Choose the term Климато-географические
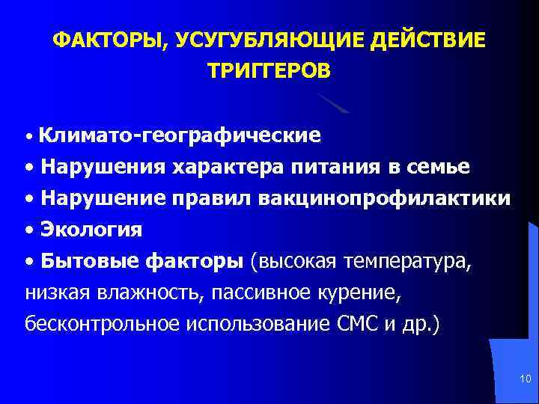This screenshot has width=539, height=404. click(x=180, y=135)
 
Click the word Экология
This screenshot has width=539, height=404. click(x=92, y=230)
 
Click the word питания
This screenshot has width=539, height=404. click(x=332, y=166)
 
